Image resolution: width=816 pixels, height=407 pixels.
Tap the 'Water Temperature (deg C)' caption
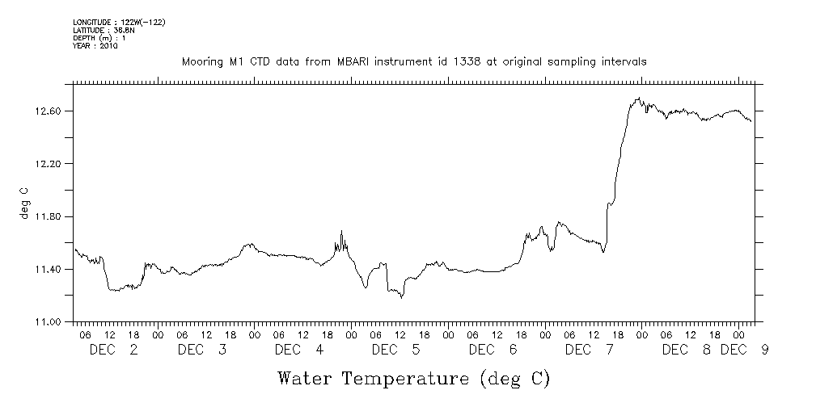(413, 378)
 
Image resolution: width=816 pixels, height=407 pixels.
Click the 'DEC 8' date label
(687, 350)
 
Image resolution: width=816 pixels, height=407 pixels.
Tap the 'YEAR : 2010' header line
(95, 46)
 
